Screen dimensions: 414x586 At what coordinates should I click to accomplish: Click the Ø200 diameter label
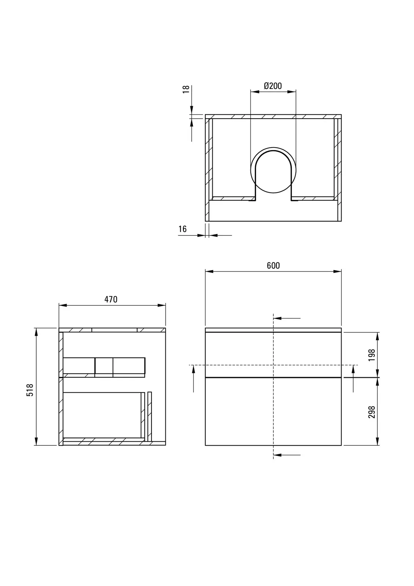(273, 86)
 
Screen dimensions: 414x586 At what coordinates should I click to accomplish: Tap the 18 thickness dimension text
(186, 89)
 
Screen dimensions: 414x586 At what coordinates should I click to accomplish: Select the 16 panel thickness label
(183, 229)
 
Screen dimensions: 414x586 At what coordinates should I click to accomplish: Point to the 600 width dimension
(273, 266)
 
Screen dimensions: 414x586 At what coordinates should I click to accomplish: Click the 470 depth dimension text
(111, 299)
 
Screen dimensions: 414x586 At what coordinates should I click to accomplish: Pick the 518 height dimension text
(30, 390)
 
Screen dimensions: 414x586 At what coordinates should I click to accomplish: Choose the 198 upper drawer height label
(372, 355)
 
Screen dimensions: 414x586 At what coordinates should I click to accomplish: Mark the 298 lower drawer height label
(372, 412)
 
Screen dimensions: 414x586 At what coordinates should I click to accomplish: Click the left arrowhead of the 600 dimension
(209, 271)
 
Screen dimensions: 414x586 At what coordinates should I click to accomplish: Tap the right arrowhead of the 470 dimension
(162, 305)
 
